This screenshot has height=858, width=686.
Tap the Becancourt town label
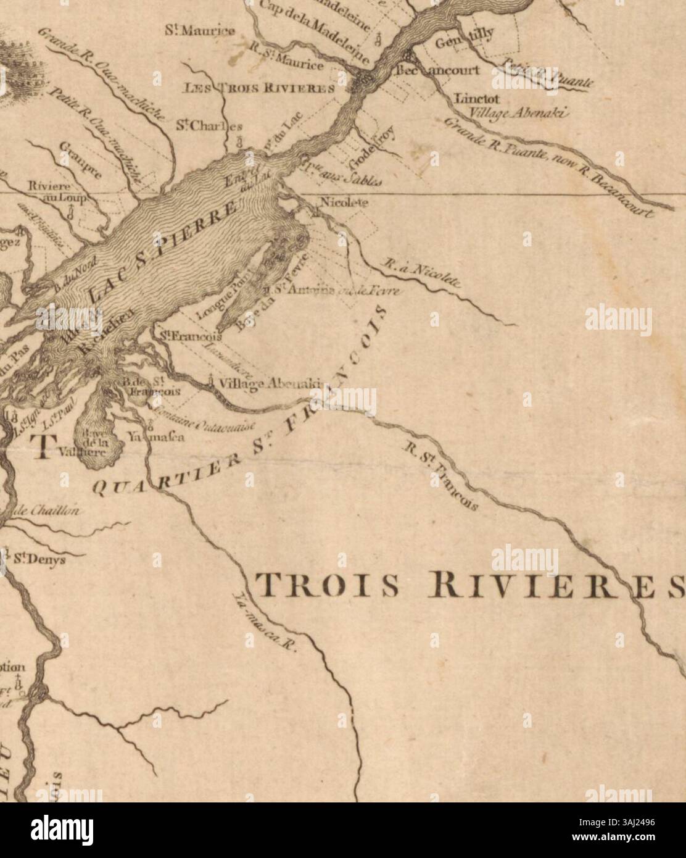[437, 70]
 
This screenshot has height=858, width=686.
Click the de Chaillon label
[37, 510]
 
